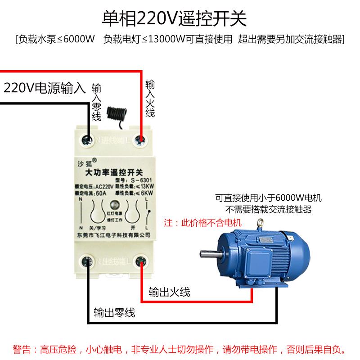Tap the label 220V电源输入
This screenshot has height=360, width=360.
click(45, 87)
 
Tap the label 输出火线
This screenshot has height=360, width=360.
click(169, 292)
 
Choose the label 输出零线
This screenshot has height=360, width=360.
click(114, 312)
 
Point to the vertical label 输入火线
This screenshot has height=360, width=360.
click(150, 99)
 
